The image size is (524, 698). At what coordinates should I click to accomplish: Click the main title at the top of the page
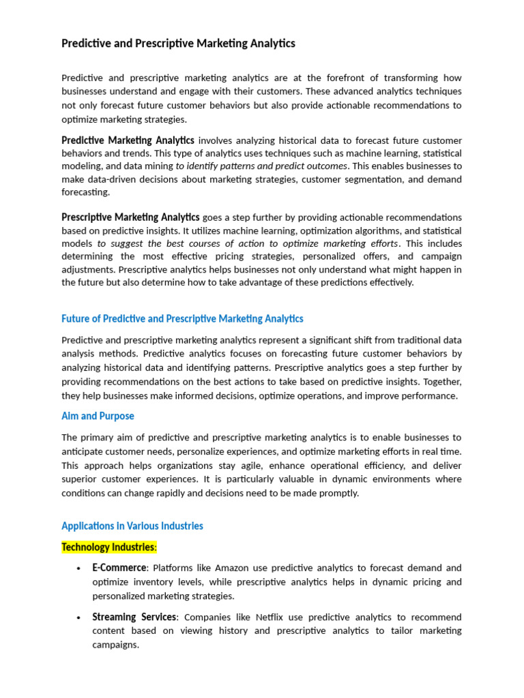click(178, 44)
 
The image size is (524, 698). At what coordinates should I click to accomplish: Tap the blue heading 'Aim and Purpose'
click(98, 416)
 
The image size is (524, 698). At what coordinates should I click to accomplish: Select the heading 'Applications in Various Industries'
click(132, 526)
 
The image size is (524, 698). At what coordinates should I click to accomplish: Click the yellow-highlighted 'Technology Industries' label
click(108, 547)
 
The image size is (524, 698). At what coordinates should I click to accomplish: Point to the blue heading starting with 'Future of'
click(182, 318)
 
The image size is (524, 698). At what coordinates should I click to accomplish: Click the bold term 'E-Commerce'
click(119, 568)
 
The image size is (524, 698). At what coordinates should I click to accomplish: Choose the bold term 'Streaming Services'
click(134, 617)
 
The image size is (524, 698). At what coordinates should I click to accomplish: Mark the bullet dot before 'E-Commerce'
click(80, 568)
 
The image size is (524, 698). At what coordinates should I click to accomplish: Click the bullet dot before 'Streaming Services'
click(80, 617)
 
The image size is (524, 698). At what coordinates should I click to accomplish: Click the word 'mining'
click(159, 166)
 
